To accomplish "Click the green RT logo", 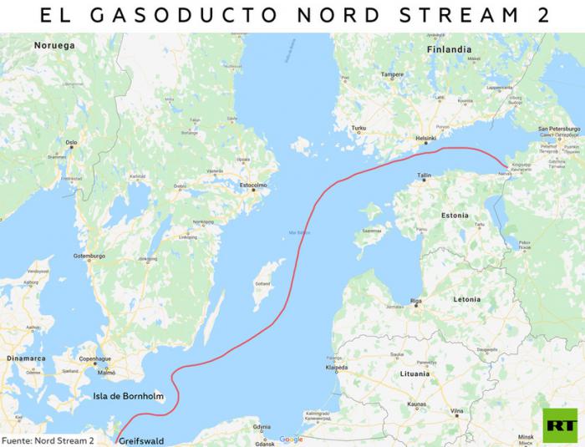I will coord(559,424).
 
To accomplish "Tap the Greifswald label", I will coord(143,439).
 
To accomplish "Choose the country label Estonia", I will coord(455,215).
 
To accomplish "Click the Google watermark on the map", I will coord(291,439).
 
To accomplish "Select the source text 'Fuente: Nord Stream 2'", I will coord(48,439).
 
